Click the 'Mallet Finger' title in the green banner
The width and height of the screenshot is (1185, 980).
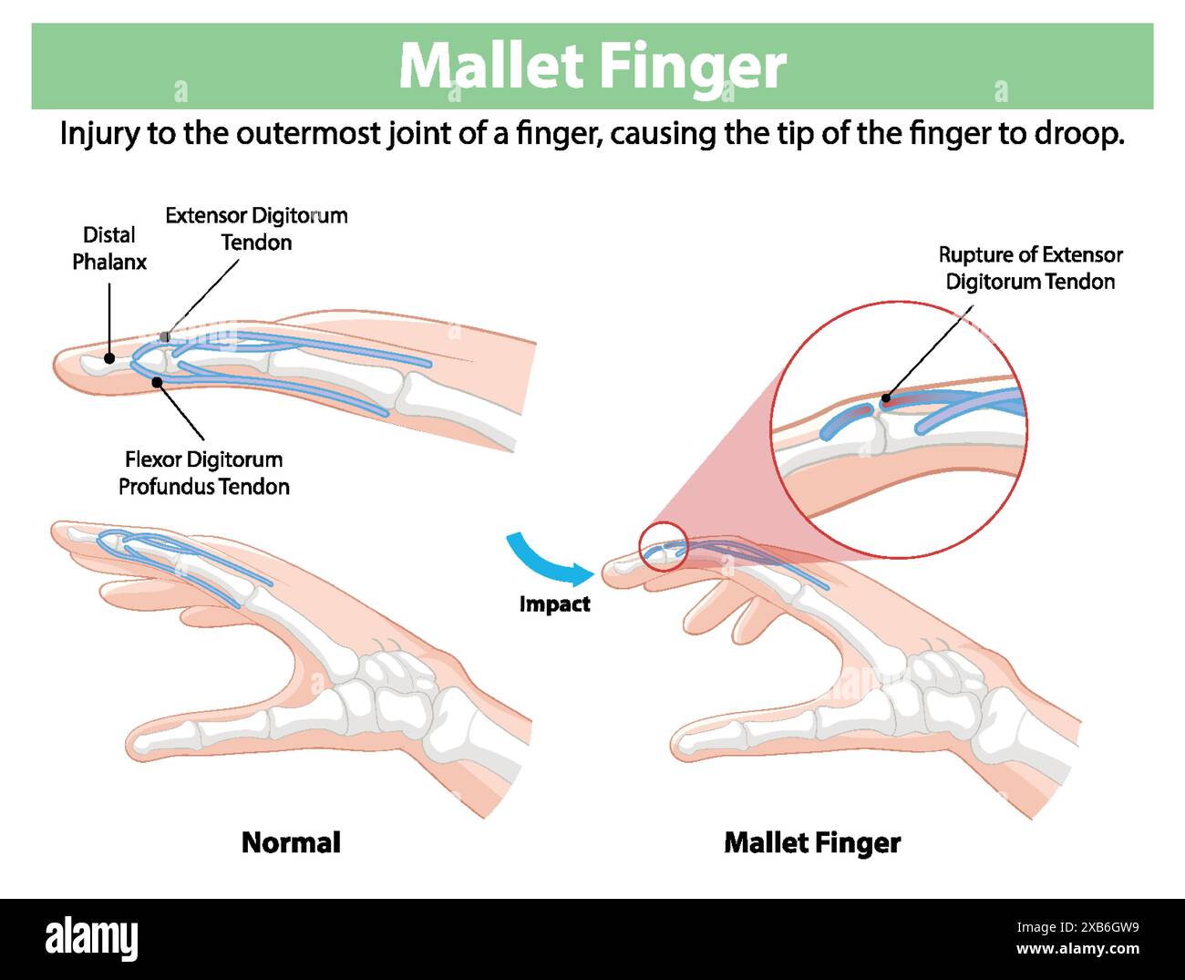tap(592, 66)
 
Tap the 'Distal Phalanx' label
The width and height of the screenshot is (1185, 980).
tap(109, 248)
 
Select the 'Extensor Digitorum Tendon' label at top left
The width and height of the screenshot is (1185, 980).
tap(256, 229)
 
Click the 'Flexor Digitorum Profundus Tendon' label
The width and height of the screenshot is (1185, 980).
tap(204, 472)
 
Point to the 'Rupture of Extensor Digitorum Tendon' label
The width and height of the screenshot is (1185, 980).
tap(1030, 268)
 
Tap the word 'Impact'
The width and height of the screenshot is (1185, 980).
tap(554, 603)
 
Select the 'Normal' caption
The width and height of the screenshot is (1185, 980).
tap(291, 842)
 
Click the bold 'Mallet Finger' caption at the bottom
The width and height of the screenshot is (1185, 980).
tap(812, 842)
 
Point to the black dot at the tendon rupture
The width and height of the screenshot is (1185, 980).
tap(885, 399)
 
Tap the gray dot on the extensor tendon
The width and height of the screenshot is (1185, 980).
tap(164, 337)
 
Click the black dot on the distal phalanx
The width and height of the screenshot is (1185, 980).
tap(109, 358)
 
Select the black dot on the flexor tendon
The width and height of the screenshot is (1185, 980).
tap(158, 381)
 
